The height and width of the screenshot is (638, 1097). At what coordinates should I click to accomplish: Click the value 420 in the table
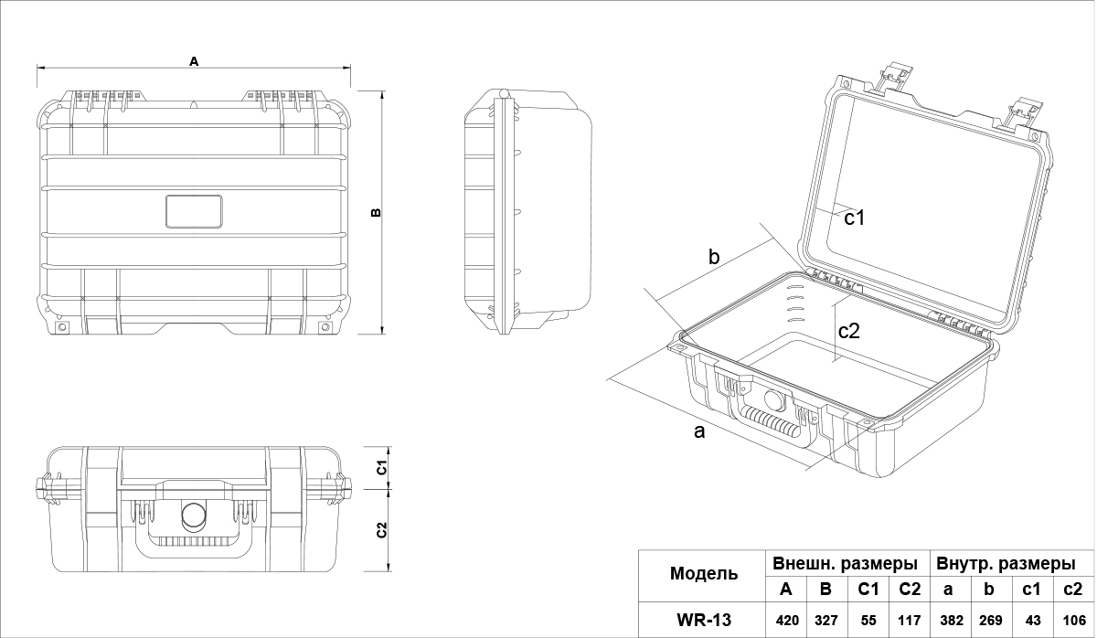coord(787,621)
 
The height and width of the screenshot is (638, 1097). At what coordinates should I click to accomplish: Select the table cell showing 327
coord(825,621)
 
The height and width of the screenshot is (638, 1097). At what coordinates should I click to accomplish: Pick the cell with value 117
coord(909,621)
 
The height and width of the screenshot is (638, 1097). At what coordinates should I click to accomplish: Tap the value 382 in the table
coord(951,621)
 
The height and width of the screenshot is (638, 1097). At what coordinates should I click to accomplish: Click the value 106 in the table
coord(1074,621)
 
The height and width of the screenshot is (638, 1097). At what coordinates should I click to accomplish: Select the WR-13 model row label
coord(704,621)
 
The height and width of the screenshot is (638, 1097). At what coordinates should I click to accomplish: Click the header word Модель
coord(704,574)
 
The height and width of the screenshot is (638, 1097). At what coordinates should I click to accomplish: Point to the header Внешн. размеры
coord(845,562)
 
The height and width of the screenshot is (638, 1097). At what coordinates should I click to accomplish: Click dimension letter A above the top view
coord(194,61)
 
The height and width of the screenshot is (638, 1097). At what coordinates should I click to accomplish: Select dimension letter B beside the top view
coord(376,213)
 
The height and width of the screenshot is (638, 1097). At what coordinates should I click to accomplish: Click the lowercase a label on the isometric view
coord(700,431)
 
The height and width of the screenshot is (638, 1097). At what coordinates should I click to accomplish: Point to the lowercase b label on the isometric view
coord(715,258)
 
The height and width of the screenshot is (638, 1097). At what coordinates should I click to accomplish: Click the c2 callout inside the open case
coord(849,331)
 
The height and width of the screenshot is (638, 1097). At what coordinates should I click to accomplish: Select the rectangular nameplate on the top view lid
coord(194,211)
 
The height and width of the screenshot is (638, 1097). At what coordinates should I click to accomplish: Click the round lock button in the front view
coord(194,516)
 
